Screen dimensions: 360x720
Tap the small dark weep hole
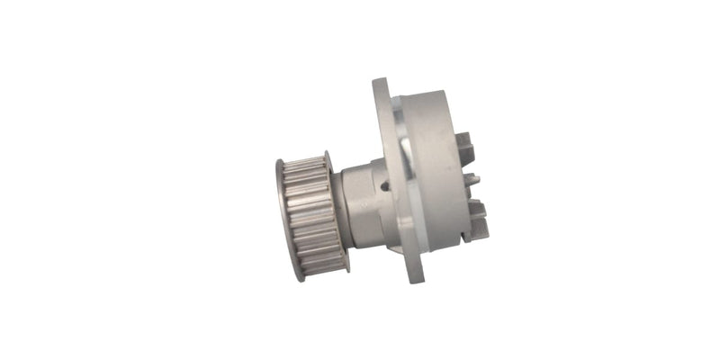click(386, 188)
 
